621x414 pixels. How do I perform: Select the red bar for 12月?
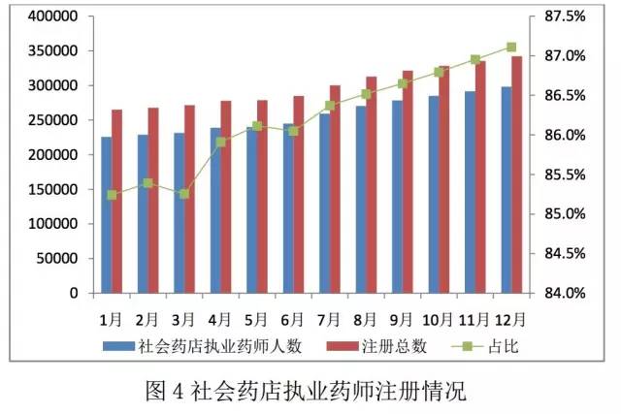tap(517, 175)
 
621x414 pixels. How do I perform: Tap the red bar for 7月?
tap(335, 189)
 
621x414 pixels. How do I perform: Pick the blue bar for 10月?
tap(434, 194)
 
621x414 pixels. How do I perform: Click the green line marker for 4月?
tap(221, 143)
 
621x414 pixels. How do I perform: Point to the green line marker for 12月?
tap(511, 47)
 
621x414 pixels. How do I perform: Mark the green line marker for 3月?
tap(184, 194)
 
